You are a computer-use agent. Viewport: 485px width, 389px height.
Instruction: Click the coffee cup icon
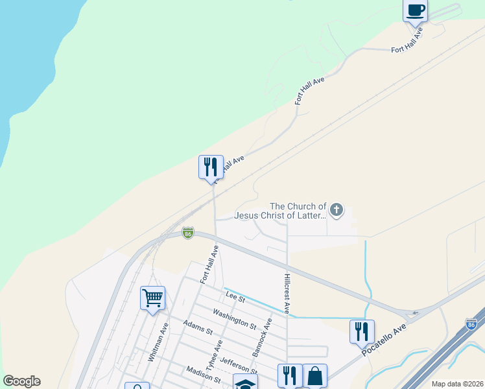[x=415, y=10]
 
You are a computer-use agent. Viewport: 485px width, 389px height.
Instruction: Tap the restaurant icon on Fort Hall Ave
[x=211, y=167]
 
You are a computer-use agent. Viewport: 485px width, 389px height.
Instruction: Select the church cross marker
[x=336, y=209]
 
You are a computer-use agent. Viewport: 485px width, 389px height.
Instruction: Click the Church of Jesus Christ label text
[x=280, y=211]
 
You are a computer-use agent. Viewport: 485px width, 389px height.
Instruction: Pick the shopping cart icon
[x=152, y=298]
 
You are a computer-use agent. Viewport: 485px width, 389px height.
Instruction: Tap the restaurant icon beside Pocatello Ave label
[x=362, y=331]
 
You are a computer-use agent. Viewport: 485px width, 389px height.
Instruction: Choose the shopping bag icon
[x=315, y=375]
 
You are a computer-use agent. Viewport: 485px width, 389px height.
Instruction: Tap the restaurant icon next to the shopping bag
[x=290, y=375]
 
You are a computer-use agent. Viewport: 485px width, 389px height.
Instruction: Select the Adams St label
[x=198, y=327]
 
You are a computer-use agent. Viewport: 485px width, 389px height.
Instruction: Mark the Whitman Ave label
[x=158, y=342]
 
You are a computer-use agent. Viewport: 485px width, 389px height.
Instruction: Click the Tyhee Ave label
[x=215, y=354]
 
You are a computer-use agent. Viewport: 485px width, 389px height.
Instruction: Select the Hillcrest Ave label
[x=287, y=293]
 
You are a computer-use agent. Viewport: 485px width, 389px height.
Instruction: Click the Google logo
[x=21, y=381]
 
